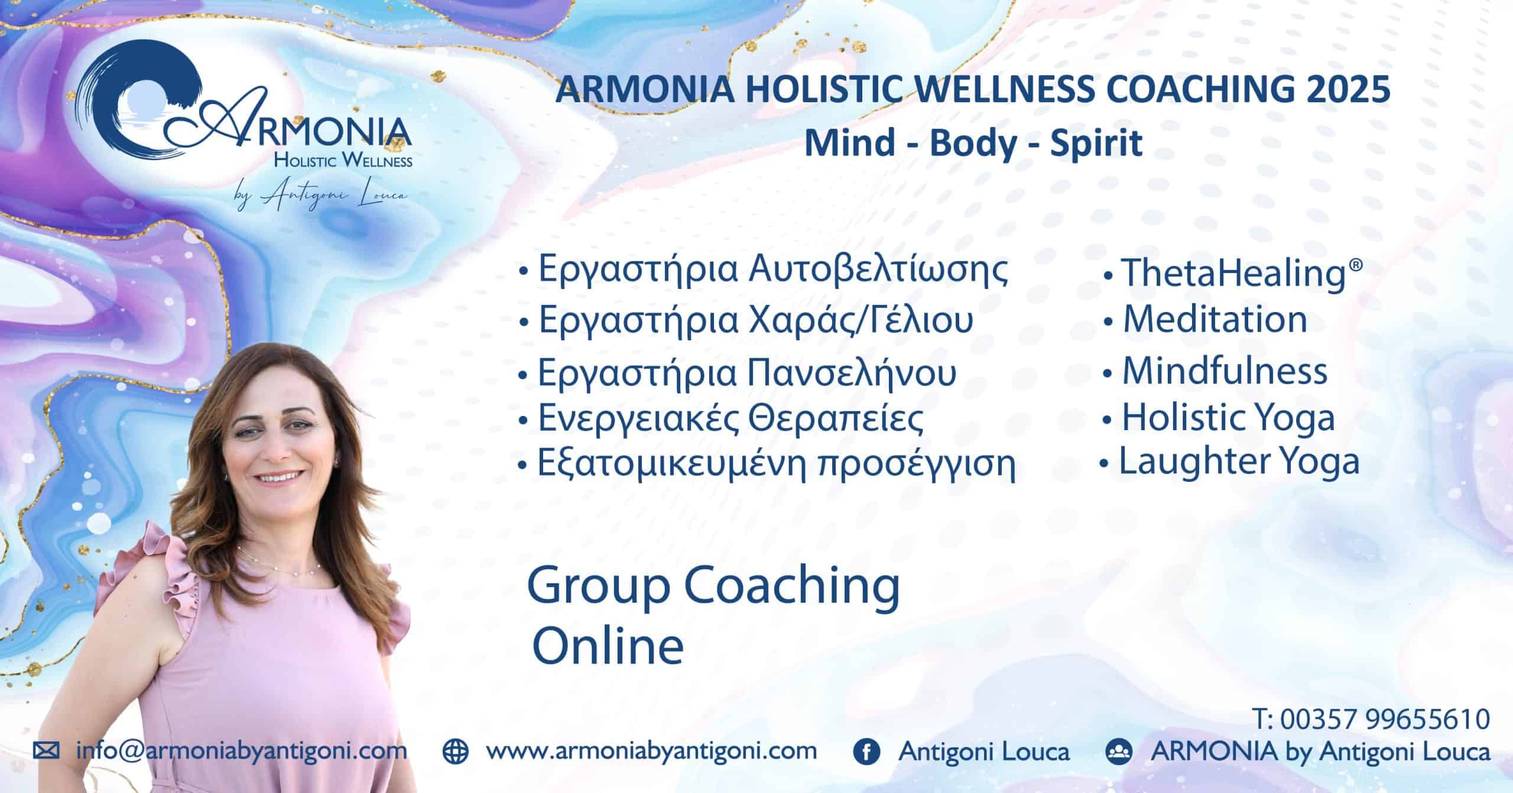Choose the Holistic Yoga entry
(x=1218, y=418)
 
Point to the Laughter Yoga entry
(x=1230, y=462)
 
